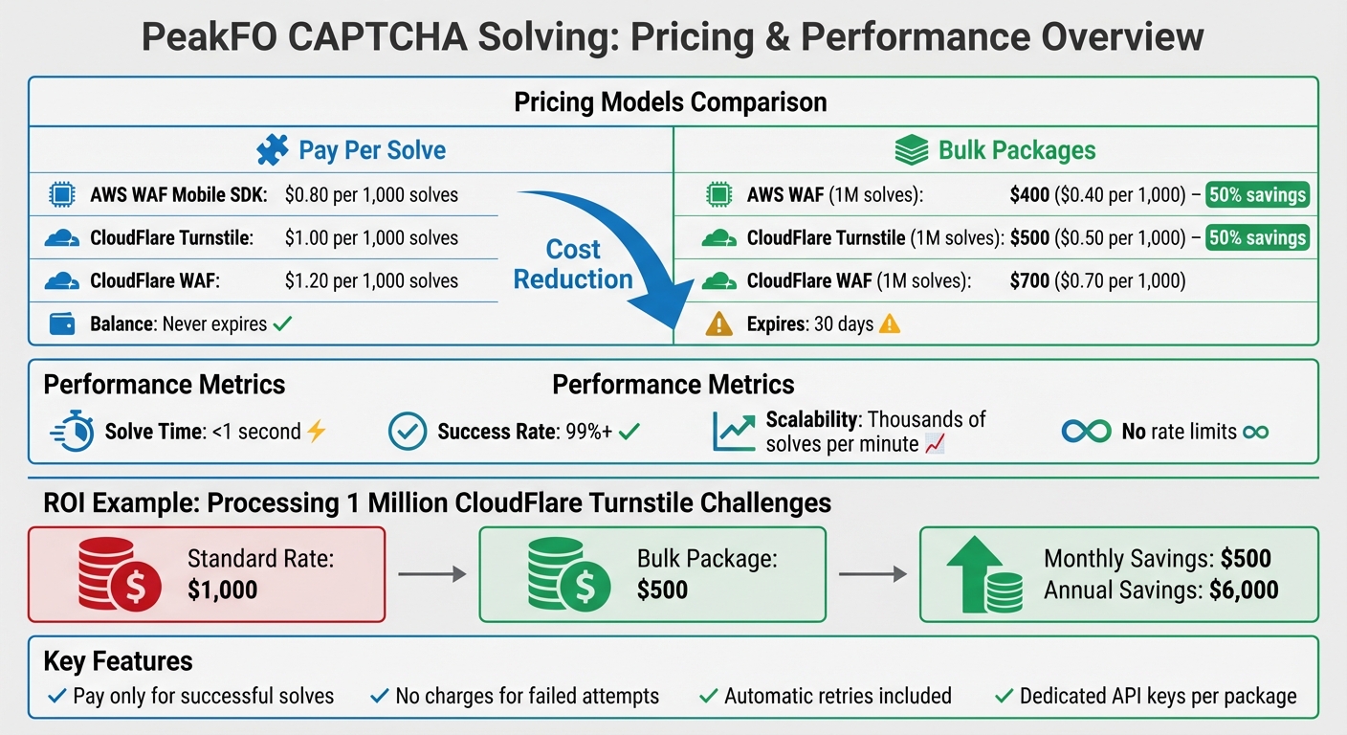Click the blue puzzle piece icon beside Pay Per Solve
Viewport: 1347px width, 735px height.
273,150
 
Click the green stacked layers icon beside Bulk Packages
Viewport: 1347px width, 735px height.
911,150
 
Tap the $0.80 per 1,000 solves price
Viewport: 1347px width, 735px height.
371,195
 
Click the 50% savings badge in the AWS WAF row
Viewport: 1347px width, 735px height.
1257,195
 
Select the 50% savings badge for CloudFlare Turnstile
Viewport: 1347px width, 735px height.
1257,237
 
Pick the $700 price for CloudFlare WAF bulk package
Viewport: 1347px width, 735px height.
1029,280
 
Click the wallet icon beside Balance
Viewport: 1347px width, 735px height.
62,323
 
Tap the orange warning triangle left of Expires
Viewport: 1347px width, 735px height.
718,324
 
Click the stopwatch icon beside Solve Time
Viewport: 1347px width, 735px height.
72,433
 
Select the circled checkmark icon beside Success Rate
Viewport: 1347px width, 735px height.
407,433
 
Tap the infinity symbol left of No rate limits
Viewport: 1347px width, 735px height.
1086,433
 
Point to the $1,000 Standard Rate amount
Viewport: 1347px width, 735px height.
222,590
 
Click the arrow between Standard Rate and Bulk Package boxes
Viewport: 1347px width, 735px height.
431,574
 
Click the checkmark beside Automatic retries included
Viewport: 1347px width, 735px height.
709,696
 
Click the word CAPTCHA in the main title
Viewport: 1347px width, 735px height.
406,36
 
